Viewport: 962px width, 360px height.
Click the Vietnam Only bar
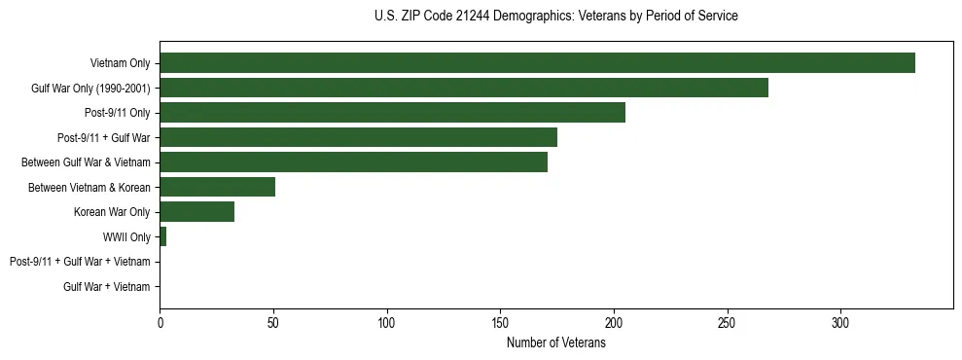537,63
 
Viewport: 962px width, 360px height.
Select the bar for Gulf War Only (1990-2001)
464,89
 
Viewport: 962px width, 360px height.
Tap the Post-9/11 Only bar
392,113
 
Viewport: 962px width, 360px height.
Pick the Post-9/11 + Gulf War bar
358,137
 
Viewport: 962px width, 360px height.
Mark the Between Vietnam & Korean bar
217,187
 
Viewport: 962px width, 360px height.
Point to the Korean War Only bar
196,212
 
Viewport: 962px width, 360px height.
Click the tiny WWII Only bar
162,236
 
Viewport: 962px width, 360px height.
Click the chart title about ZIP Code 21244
555,16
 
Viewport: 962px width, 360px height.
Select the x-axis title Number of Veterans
555,343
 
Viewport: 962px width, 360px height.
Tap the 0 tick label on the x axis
160,323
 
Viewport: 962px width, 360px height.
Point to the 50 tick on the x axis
273,323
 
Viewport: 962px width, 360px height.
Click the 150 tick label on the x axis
500,323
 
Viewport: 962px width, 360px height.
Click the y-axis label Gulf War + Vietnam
106,286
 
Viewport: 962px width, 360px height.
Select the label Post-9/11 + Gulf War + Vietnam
80,262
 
